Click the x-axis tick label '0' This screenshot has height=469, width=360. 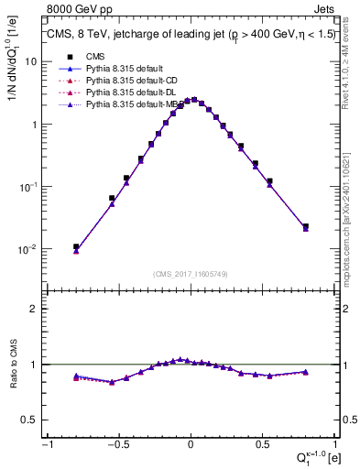[191, 443]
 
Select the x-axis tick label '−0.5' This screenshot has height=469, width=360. [116, 443]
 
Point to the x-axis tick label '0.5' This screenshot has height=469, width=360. [263, 443]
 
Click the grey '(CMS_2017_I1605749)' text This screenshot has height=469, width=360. [191, 275]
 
